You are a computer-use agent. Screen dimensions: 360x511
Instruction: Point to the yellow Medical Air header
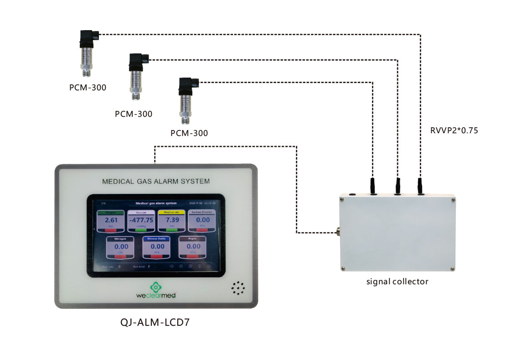point(171,212)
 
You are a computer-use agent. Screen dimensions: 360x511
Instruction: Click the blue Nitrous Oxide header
point(156,239)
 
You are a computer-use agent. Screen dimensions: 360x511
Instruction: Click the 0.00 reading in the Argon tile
point(192,246)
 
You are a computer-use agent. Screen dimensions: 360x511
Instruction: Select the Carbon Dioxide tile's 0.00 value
point(202,220)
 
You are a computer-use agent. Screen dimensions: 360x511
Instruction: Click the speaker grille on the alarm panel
point(237,288)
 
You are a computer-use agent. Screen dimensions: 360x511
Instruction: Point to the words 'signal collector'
point(397,282)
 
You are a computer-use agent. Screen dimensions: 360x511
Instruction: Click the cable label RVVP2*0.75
point(454,130)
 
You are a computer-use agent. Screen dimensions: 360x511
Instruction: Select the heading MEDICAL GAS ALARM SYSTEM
point(156,181)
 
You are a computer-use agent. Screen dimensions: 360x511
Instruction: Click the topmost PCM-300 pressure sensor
point(88,52)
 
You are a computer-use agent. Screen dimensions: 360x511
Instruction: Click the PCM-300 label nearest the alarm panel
point(189,134)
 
